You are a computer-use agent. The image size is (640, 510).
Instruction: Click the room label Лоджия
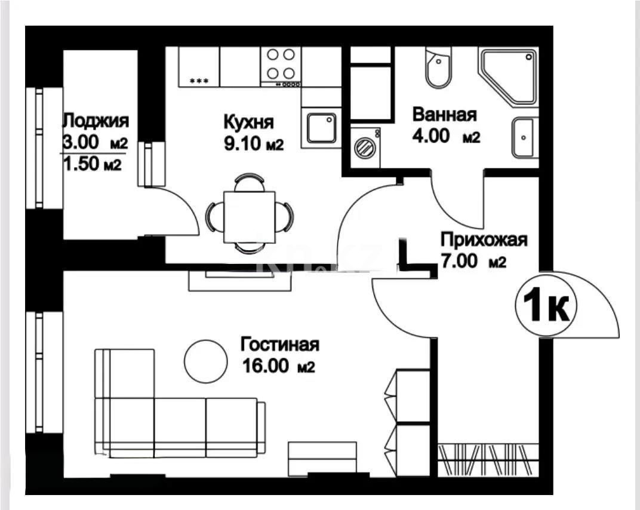96,121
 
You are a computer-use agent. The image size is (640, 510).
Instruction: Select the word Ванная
444,115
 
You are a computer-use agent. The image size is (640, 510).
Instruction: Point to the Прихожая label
484,240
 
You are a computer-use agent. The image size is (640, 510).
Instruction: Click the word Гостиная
280,345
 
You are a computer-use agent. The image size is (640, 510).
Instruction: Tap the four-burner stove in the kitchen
281,64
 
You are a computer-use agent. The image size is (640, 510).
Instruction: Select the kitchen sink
321,128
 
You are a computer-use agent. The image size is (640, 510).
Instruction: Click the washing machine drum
363,147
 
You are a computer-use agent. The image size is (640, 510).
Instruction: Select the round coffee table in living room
205,361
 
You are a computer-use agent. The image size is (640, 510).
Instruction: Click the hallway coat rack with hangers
484,460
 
